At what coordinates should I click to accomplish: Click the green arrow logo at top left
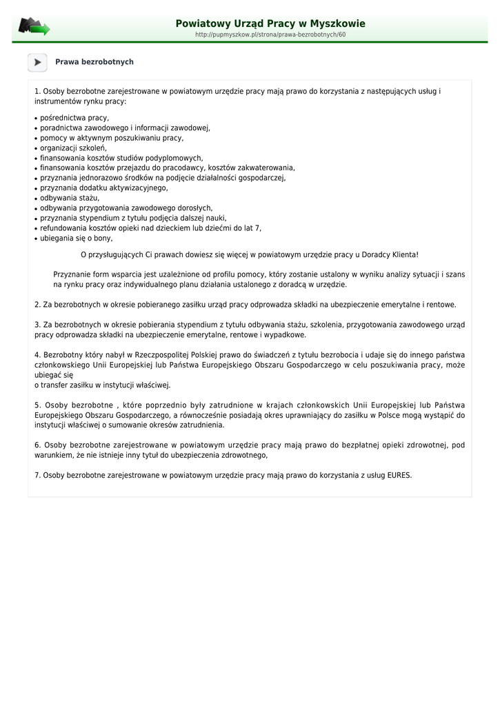34,27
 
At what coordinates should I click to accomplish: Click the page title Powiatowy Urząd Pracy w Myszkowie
270,23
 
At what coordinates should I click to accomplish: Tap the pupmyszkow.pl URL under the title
270,34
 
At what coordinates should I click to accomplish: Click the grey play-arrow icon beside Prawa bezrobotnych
37,62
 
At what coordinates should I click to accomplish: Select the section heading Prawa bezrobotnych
94,62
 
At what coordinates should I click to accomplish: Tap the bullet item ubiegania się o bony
76,238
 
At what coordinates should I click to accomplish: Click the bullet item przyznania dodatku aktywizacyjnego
103,188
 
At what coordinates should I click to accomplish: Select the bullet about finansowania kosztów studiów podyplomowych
121,158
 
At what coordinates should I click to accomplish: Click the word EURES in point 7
399,474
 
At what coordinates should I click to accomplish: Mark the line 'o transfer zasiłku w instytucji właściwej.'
103,385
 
